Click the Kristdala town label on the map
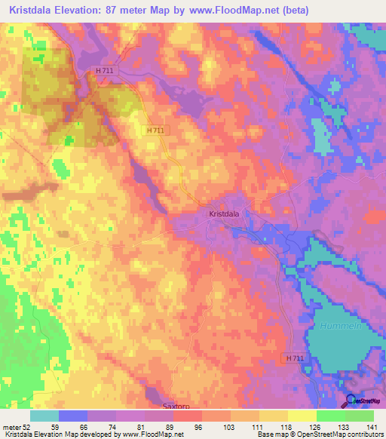pos(224,214)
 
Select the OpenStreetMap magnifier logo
pos(351,402)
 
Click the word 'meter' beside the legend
pos(11,426)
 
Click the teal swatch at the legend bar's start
pos(44,416)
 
